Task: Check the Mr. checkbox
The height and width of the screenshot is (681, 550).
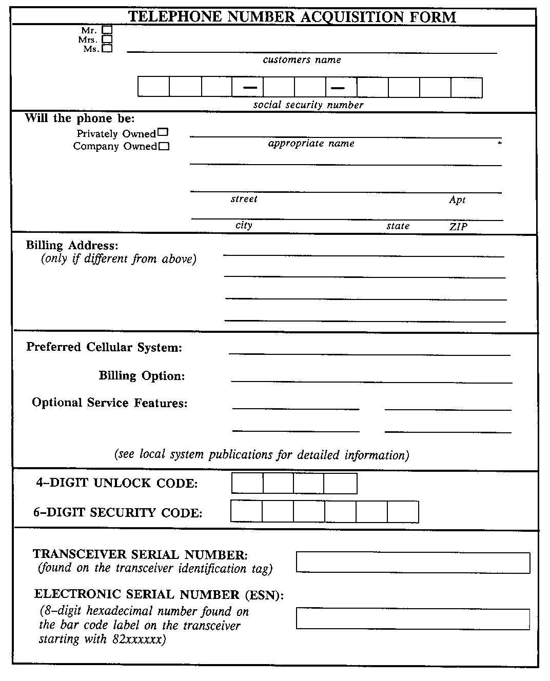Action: (107, 30)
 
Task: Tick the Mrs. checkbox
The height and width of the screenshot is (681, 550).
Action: (107, 39)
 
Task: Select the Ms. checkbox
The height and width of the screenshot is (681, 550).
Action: (107, 49)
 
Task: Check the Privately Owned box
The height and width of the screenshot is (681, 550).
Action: (163, 132)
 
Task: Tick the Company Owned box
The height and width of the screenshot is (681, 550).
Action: (164, 146)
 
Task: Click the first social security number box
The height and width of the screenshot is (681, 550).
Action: (153, 87)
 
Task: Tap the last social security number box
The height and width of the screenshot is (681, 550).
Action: (466, 87)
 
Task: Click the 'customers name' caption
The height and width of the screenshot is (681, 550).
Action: (302, 60)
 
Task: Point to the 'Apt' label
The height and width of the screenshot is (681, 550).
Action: (457, 200)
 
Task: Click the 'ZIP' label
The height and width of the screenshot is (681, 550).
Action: (458, 227)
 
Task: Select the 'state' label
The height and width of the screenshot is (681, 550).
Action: (398, 226)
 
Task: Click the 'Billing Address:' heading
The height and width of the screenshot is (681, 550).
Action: (72, 246)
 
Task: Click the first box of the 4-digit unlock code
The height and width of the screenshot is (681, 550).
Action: (247, 484)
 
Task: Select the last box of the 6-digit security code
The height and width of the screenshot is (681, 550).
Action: (403, 512)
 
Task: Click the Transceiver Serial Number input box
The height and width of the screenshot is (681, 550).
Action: (413, 563)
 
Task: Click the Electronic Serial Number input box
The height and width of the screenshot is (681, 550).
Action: (413, 619)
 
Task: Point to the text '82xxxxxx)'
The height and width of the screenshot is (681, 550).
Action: (139, 639)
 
